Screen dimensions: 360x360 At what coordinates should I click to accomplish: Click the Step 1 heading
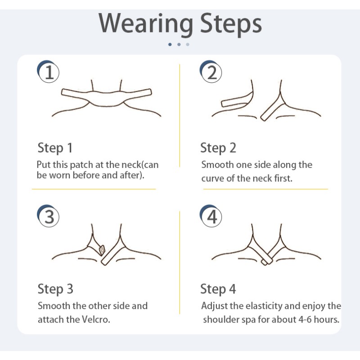point(55,148)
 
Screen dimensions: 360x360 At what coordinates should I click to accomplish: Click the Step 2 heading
point(218,148)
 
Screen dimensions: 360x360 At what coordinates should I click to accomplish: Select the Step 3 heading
point(55,289)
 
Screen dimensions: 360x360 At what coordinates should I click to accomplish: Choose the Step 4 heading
point(218,289)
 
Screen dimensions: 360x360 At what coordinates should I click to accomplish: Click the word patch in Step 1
point(87,165)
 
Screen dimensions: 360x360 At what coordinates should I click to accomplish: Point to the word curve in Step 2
point(213,178)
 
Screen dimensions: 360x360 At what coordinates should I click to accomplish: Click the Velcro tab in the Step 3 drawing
point(102,248)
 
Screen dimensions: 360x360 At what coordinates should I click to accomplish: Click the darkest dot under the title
point(170,44)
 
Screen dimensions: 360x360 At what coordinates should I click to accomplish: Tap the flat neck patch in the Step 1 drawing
point(106,96)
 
